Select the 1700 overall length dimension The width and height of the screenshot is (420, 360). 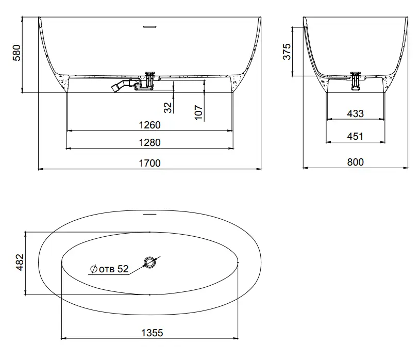coord(149,163)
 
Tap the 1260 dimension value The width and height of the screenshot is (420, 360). coord(149,125)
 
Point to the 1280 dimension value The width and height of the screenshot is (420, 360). coord(149,143)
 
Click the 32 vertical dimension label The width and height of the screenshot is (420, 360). coord(167,107)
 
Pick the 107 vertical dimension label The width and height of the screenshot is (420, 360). coord(198,112)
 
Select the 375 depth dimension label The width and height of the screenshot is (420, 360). coord(288,52)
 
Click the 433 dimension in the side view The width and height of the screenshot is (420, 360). coord(355,113)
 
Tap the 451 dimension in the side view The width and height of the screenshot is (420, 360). coord(355,136)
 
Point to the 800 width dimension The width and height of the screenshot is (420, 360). coord(355,162)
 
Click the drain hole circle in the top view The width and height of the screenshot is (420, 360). coord(150,263)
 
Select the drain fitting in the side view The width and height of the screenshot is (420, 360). coord(356,80)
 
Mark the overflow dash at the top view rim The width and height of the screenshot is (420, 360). coord(149,213)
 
